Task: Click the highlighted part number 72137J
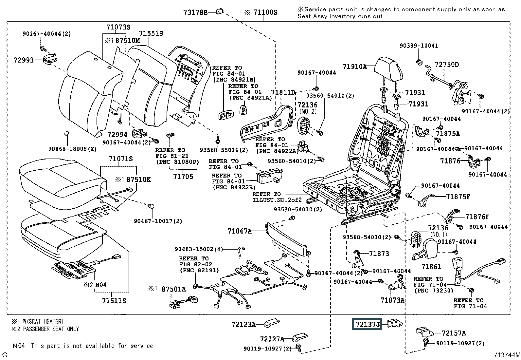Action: (x=367, y=324)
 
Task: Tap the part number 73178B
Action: (x=195, y=12)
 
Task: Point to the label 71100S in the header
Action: (x=265, y=12)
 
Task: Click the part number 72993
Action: (x=24, y=60)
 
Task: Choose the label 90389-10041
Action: (x=419, y=46)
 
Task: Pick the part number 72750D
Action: (x=447, y=65)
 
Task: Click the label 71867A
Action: (x=240, y=231)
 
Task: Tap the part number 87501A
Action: (x=173, y=289)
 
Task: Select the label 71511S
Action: (x=114, y=301)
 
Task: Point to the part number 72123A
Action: (x=243, y=324)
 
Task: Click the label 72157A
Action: (x=454, y=333)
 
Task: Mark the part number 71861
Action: (x=431, y=266)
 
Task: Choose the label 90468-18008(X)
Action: (x=72, y=149)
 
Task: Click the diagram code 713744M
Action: (x=507, y=355)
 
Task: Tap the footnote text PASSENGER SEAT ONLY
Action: (x=51, y=329)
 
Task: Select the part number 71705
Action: (x=183, y=177)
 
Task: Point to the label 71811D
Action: (x=283, y=92)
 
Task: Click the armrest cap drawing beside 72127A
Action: (x=300, y=337)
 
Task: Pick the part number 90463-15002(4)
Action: (x=199, y=249)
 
